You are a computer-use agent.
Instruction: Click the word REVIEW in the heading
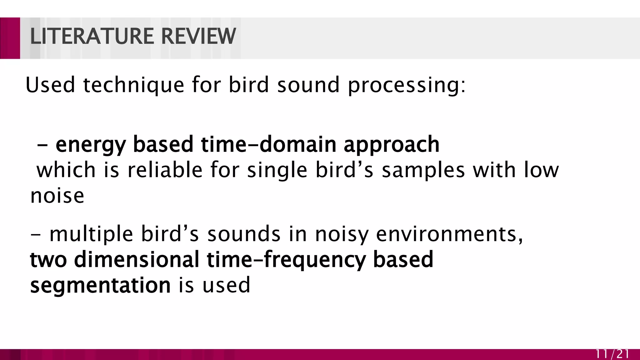[198, 37]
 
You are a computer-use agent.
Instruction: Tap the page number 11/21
[612, 354]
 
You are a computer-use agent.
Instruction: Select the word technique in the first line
[133, 85]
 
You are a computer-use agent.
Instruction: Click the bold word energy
[91, 145]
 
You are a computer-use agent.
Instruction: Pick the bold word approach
[392, 145]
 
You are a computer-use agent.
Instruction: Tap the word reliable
[165, 170]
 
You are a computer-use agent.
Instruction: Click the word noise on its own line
[57, 196]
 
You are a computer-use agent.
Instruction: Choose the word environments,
[449, 234]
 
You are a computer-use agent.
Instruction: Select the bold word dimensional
[137, 259]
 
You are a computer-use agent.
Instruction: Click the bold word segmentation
[100, 286]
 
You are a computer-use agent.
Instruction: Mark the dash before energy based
[42, 146]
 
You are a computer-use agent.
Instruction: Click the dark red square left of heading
[10, 38]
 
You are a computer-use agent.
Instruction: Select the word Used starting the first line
[50, 85]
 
